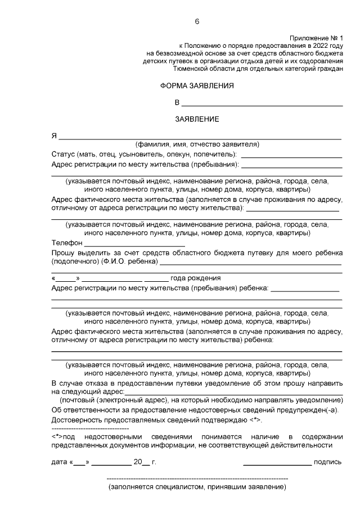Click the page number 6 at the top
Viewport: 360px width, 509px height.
pyautogui.click(x=197, y=21)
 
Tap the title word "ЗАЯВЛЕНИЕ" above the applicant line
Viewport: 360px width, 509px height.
pyautogui.click(x=197, y=119)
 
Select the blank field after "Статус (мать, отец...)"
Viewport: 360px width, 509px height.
pyautogui.click(x=292, y=154)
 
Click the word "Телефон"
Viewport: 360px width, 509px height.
pyautogui.click(x=66, y=243)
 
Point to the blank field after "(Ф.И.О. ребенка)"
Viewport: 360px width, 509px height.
pyautogui.click(x=251, y=263)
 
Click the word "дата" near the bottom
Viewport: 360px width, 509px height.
pyautogui.click(x=59, y=462)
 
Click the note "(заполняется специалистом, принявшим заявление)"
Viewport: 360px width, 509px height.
pyautogui.click(x=197, y=487)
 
